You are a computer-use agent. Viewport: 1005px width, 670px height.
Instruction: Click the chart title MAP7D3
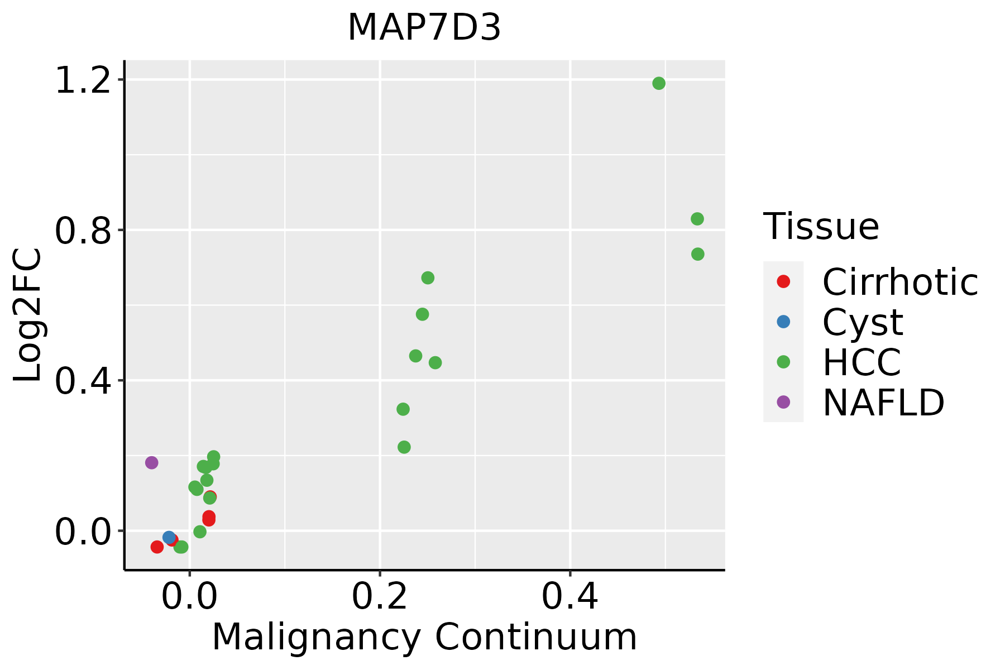(424, 28)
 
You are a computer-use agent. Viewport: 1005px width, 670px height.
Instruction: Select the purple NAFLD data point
(151, 462)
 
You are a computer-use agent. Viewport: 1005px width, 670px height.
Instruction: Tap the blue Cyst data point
(169, 537)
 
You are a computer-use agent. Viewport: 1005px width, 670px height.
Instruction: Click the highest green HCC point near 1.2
(659, 83)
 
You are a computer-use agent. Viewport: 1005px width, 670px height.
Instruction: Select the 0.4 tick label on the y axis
(82, 381)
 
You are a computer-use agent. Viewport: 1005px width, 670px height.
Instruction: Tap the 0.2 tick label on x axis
(380, 597)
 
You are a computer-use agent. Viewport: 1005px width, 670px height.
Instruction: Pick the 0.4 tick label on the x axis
(570, 597)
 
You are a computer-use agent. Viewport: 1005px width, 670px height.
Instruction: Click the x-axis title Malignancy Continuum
(424, 637)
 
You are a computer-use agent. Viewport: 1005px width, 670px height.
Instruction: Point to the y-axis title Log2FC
(28, 315)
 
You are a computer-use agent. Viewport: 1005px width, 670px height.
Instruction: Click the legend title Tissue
(821, 227)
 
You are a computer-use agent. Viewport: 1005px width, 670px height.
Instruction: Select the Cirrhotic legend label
(900, 282)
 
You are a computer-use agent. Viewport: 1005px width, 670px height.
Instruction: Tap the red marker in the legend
(783, 281)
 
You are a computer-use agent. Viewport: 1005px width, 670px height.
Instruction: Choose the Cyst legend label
(863, 322)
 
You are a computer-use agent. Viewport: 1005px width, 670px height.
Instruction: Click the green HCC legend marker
(783, 362)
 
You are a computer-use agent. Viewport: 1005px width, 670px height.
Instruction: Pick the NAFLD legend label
(883, 402)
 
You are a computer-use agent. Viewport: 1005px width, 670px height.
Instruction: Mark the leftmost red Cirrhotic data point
(157, 547)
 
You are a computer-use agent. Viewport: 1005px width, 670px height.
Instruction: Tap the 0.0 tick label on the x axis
(189, 597)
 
